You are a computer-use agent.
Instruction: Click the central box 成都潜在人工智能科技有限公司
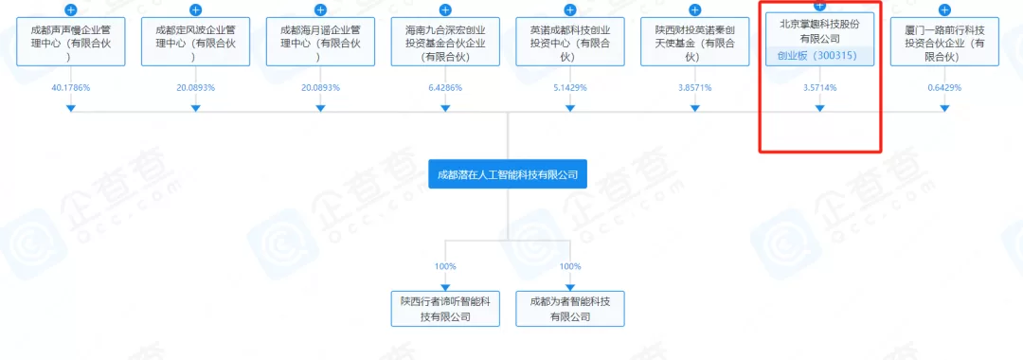(x=508, y=174)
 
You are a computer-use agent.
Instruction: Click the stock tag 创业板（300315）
(x=819, y=56)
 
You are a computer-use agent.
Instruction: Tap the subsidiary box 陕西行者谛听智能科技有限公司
(x=445, y=309)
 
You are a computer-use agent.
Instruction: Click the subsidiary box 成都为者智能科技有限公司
(x=570, y=309)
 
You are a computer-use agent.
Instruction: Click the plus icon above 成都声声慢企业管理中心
(x=70, y=10)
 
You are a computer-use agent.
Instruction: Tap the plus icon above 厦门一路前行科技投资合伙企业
(x=944, y=10)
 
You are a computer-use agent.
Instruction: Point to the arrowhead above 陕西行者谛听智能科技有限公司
(x=445, y=287)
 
